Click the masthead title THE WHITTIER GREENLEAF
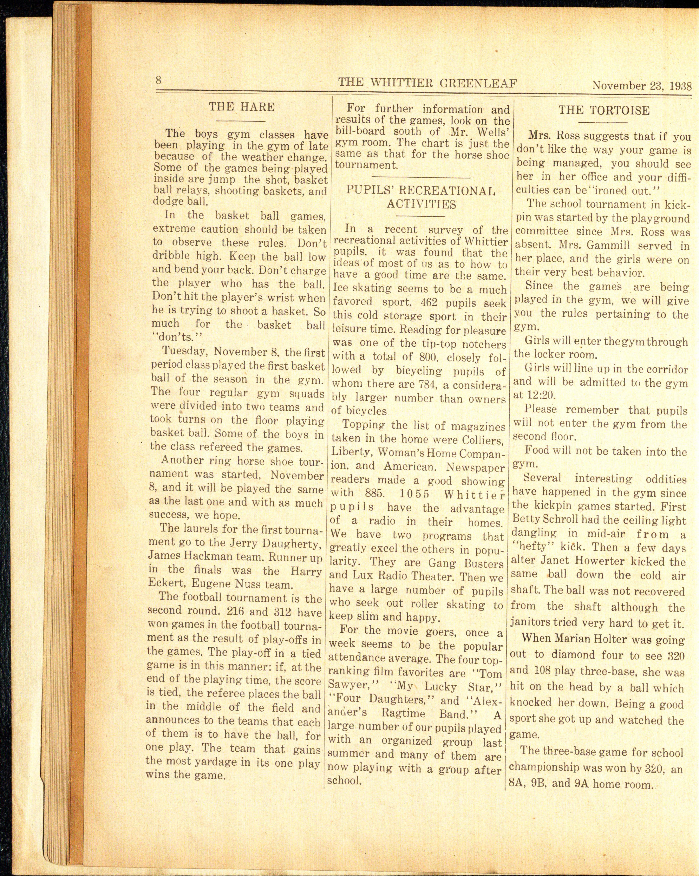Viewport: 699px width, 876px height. [427, 83]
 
